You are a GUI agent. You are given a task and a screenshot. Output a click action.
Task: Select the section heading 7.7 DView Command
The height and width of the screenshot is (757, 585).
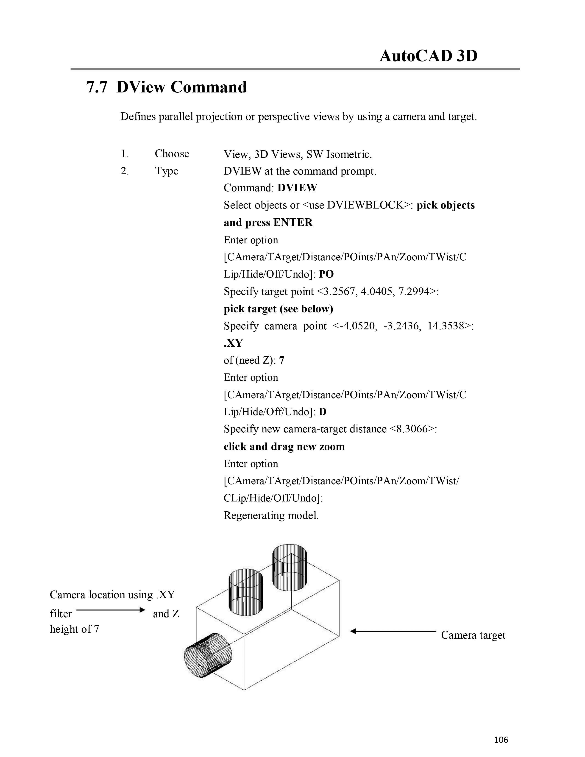(x=166, y=87)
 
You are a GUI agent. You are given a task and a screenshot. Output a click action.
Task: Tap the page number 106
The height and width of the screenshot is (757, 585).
(x=501, y=740)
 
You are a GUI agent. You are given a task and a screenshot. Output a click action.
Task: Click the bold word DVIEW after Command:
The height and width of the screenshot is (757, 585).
(x=297, y=188)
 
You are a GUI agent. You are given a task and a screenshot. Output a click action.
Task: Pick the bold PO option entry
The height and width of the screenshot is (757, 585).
(x=326, y=274)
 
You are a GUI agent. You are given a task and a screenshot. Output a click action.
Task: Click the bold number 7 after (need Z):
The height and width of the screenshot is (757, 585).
(x=281, y=360)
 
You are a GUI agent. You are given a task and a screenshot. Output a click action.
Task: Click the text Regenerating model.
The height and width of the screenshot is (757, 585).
(x=271, y=515)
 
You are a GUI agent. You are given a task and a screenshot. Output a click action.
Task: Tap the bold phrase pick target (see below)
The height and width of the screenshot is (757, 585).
(x=278, y=309)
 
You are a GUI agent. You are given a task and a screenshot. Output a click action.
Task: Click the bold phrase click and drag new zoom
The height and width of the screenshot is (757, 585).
(x=284, y=446)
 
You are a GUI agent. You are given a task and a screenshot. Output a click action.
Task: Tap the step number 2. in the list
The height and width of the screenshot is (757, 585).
(x=125, y=171)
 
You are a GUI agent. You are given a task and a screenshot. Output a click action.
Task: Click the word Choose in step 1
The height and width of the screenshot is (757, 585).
(x=172, y=153)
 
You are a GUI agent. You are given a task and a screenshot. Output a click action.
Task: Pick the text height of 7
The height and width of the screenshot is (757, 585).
(x=75, y=629)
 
